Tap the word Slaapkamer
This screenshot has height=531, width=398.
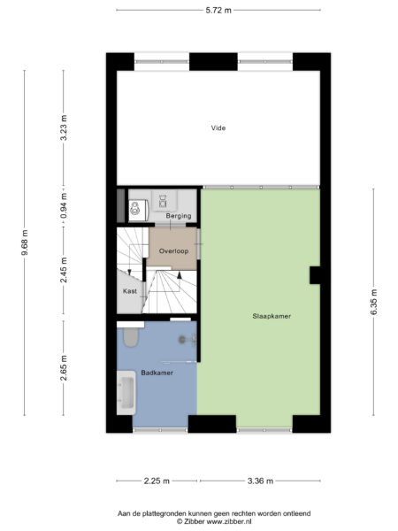272,316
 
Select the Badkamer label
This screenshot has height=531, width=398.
157,373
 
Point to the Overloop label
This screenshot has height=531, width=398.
172,250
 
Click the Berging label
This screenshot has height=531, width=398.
179,216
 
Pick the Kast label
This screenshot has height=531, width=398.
129,290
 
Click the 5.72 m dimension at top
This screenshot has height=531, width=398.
218,11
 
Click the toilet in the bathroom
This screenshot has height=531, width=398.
131,338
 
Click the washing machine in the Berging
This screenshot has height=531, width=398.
135,210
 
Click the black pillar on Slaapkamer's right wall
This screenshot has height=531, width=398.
314,275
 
